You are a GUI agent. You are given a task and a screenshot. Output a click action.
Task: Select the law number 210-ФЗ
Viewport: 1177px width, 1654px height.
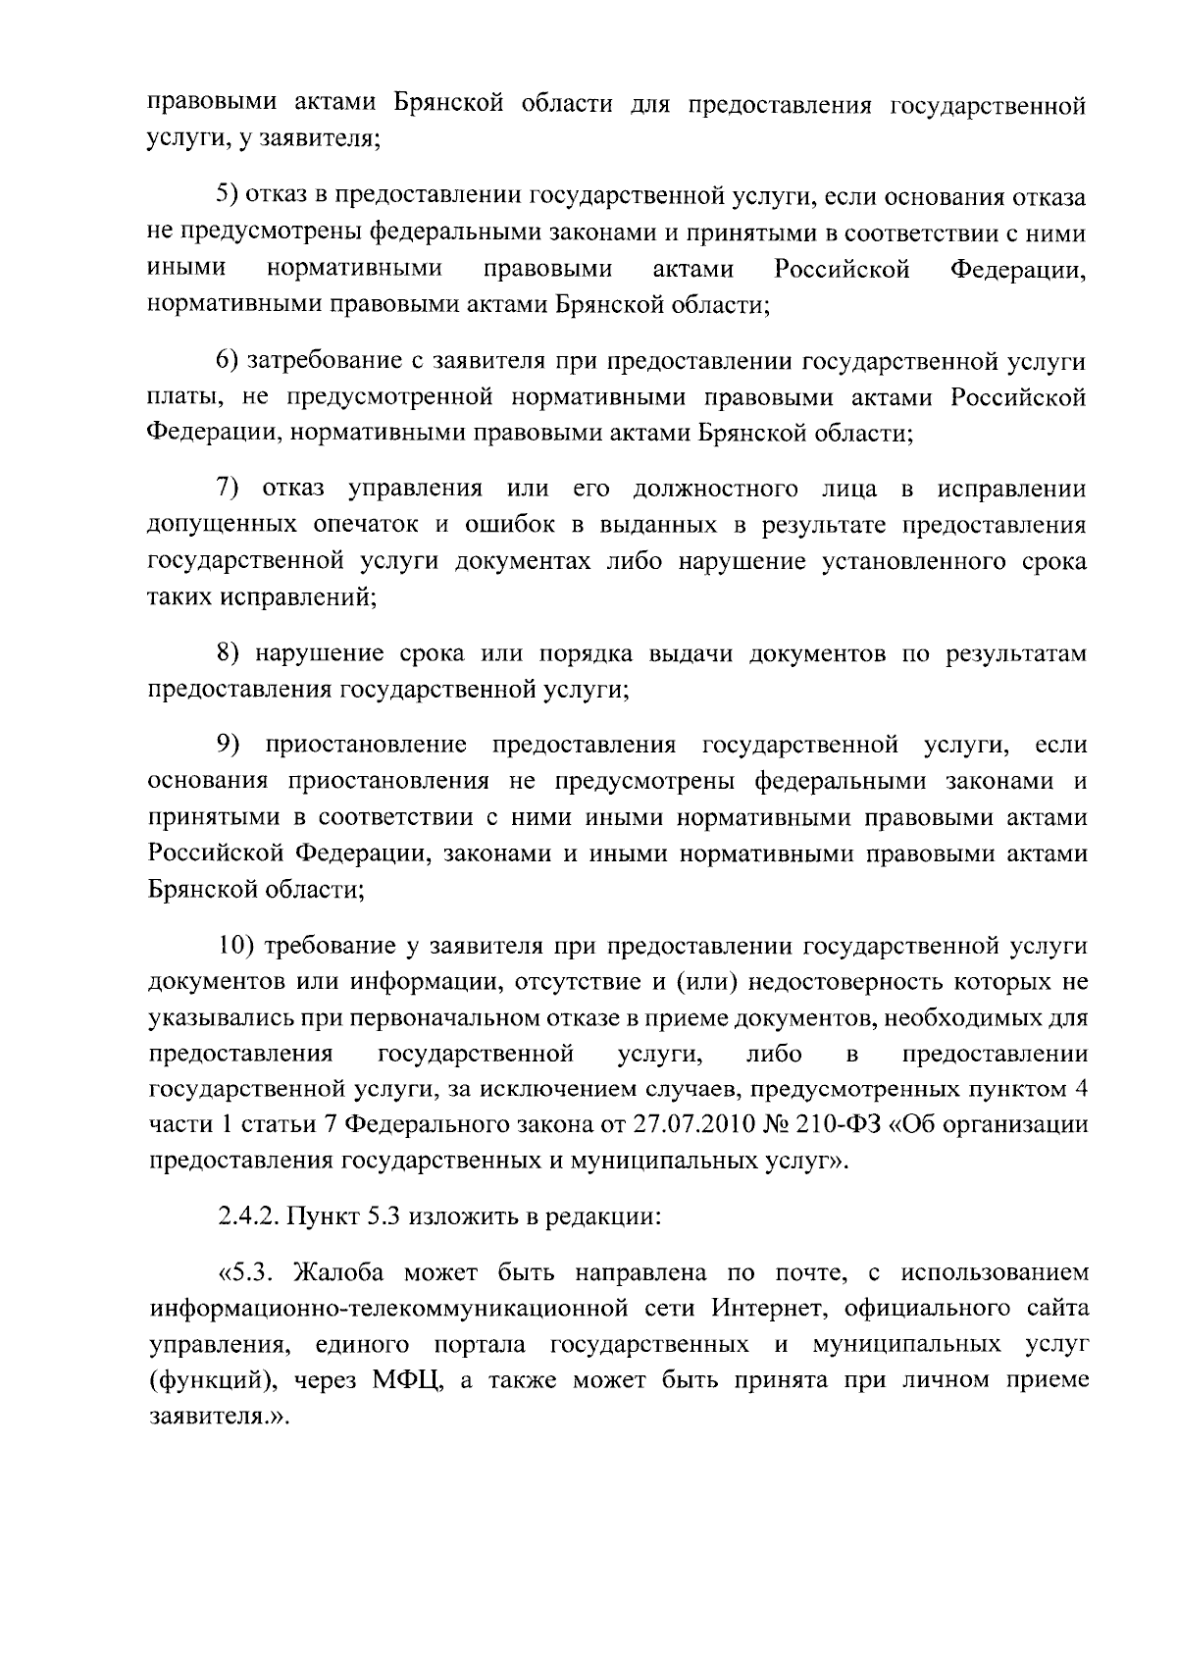834,1124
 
